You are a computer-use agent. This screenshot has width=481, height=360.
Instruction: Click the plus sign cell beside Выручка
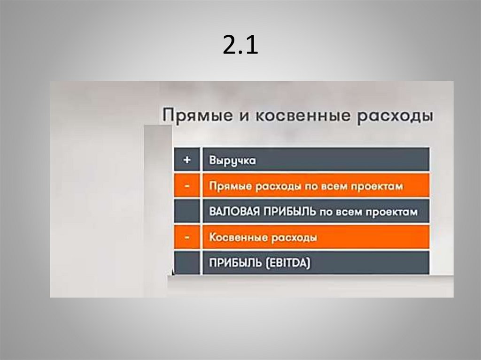click(x=187, y=160)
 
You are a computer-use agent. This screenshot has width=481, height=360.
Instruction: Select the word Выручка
click(x=233, y=161)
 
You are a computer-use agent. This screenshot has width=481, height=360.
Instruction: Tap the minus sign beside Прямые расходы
click(x=187, y=186)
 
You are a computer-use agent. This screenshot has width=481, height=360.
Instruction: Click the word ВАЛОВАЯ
click(x=232, y=212)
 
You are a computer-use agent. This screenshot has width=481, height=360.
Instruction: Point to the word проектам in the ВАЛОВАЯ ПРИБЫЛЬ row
click(x=394, y=212)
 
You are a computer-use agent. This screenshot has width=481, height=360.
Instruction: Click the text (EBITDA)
click(x=287, y=264)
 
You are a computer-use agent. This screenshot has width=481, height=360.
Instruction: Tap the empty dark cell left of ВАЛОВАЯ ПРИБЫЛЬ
click(x=187, y=212)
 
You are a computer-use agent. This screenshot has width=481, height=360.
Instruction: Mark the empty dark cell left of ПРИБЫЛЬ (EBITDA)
click(x=187, y=263)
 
